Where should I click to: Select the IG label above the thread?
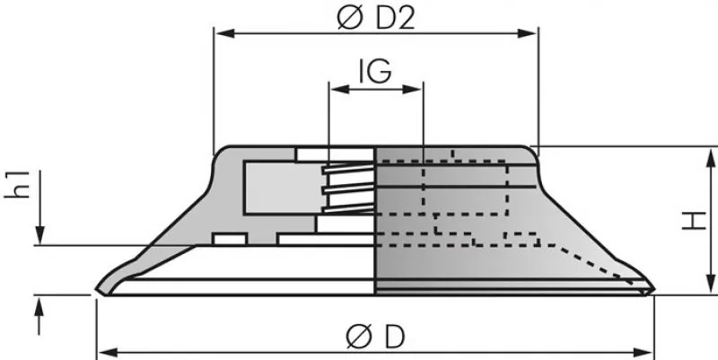(374, 72)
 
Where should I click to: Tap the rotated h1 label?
(26, 183)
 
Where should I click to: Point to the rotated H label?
(692, 220)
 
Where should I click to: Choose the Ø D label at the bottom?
(375, 337)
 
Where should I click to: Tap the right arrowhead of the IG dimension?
(415, 88)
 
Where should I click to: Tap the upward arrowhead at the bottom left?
(39, 306)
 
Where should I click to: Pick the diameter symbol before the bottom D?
(357, 337)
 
